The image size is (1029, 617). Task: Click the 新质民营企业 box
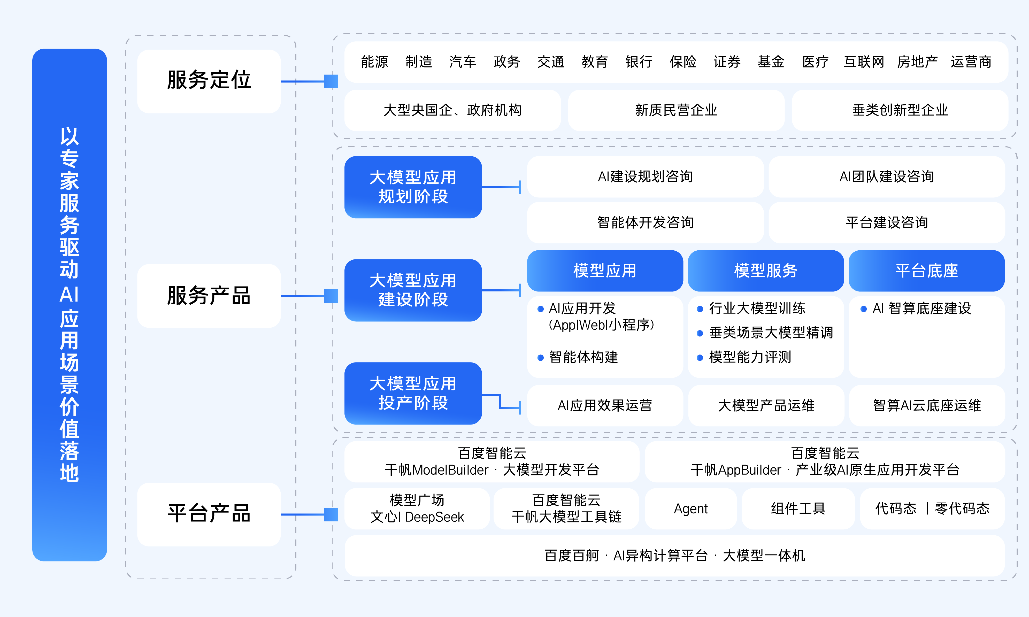[x=676, y=110]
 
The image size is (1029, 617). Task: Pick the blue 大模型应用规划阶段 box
[x=413, y=187]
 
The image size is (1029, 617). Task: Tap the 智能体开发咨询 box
[x=645, y=222]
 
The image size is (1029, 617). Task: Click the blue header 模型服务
[x=765, y=271]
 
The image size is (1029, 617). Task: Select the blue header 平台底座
[x=926, y=271]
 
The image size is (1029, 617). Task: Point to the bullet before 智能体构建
[x=541, y=358]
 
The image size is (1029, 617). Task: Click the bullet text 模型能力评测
[x=750, y=357]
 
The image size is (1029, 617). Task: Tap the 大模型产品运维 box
[x=766, y=405]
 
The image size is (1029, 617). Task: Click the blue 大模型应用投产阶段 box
[x=413, y=393]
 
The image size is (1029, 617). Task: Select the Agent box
[x=690, y=508]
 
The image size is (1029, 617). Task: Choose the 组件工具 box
[x=798, y=508]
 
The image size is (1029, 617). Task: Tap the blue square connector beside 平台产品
[x=331, y=514]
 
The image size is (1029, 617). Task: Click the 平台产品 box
[x=209, y=514]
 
